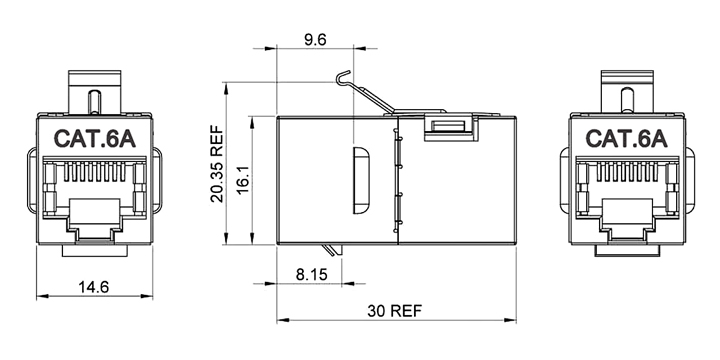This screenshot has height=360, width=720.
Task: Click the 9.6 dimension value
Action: pos(315,40)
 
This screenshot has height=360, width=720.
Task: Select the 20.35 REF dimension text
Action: pos(217,164)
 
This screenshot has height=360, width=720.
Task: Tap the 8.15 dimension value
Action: pos(312,275)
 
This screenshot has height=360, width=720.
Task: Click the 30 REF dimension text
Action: pos(394,311)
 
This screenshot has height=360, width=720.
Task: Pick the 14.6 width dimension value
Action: pos(93,287)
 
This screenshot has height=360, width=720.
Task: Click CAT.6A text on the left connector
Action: pos(95,139)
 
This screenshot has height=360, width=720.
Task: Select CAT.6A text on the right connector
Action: pos(626,139)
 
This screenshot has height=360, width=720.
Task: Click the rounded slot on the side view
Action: pos(361,180)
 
